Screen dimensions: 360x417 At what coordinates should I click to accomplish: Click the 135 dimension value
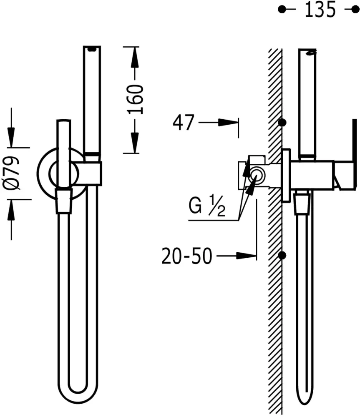click(x=320, y=10)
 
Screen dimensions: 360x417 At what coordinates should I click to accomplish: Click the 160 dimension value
click(x=135, y=100)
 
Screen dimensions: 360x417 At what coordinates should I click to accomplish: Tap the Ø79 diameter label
click(x=11, y=173)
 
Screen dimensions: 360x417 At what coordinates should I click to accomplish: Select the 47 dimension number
click(x=184, y=123)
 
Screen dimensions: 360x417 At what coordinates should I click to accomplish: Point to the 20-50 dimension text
click(x=187, y=256)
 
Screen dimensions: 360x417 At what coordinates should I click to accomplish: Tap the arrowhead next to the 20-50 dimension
click(x=246, y=256)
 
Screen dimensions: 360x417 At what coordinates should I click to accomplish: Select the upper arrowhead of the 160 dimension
click(x=135, y=57)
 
